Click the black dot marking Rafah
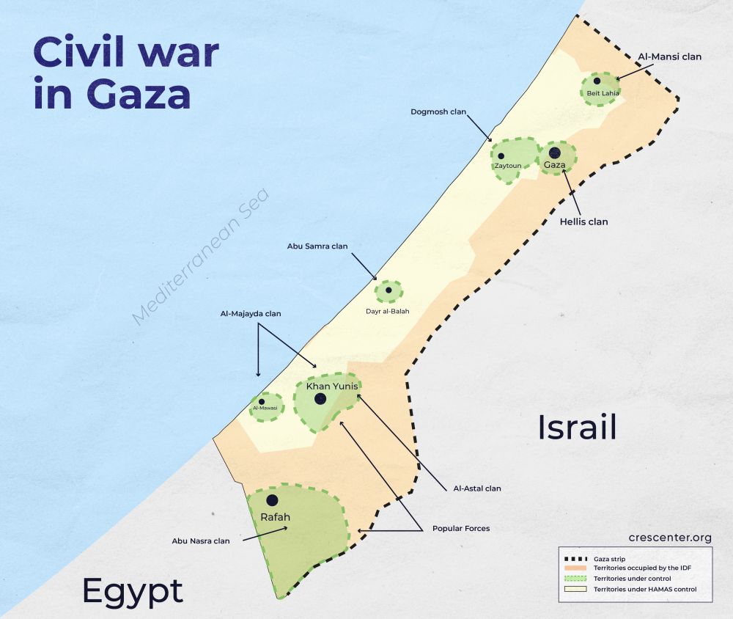point(272,499)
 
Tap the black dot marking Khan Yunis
point(320,399)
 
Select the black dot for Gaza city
point(555,153)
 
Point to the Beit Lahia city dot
point(597,81)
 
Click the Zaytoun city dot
point(501,155)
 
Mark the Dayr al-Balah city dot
point(388,290)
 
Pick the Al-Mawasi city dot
point(262,401)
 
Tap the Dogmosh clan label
point(438,112)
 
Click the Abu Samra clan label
point(317,246)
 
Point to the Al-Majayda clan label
point(251,313)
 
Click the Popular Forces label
point(461,528)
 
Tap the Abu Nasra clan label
point(201,541)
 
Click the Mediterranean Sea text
point(201,256)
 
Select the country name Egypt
point(133,590)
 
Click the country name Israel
point(577,427)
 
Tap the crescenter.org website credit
point(670,538)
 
